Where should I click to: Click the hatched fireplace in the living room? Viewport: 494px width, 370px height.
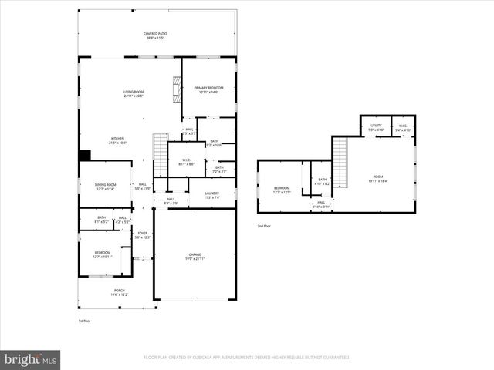pyautogui.click(x=176, y=92)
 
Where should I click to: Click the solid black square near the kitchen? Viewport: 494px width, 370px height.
pyautogui.click(x=84, y=154)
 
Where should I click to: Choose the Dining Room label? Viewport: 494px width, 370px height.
pyautogui.click(x=105, y=186)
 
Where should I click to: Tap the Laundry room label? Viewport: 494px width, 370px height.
pyautogui.click(x=212, y=195)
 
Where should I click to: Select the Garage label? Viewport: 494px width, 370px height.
pyautogui.click(x=195, y=255)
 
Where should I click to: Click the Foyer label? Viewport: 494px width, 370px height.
pyautogui.click(x=142, y=234)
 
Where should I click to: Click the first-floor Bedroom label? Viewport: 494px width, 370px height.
pyautogui.click(x=103, y=254)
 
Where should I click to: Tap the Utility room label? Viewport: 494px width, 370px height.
pyautogui.click(x=376, y=127)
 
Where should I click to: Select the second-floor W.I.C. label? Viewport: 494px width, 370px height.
pyautogui.click(x=403, y=127)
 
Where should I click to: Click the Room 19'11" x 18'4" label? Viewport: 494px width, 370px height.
pyautogui.click(x=378, y=178)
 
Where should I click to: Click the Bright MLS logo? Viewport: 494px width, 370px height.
pyautogui.click(x=30, y=359)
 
